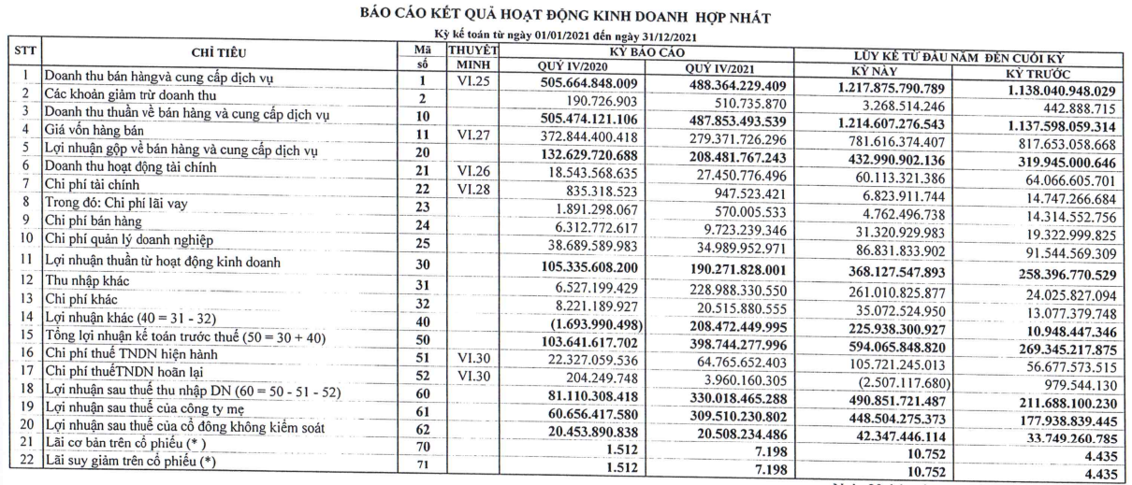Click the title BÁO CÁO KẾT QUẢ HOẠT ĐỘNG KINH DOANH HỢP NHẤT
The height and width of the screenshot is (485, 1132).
pyautogui.click(x=565, y=16)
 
